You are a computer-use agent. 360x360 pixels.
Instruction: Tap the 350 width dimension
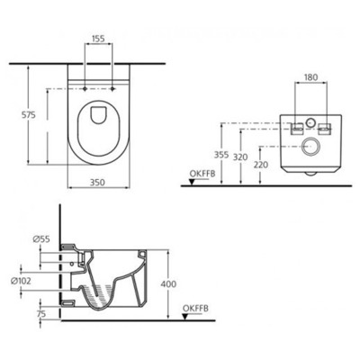tap(100, 181)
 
